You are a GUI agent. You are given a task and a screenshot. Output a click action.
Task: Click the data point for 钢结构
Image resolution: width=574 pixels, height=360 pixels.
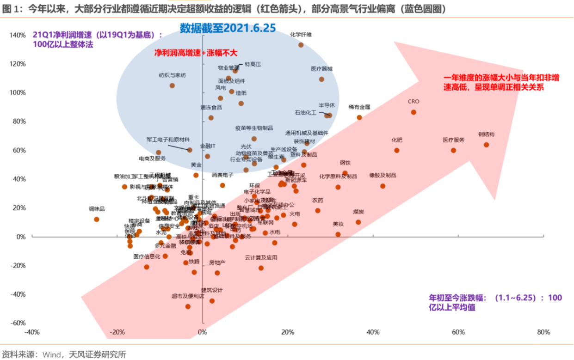(x=486, y=145)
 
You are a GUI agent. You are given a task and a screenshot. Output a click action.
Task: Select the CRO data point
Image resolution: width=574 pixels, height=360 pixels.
(x=414, y=112)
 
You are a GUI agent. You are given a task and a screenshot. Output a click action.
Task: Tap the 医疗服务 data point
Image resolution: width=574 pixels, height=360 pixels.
(x=453, y=150)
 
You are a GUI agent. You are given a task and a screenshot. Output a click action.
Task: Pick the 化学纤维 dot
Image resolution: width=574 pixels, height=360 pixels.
(x=301, y=45)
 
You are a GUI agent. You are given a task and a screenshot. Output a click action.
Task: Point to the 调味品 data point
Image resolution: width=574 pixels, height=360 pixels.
(x=97, y=219)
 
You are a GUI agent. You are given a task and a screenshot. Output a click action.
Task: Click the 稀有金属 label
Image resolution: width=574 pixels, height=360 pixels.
(x=359, y=107)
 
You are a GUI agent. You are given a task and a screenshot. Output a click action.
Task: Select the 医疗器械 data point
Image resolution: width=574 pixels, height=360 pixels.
(x=321, y=79)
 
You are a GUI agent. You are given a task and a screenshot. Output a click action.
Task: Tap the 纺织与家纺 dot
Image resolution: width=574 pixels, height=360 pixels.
(x=172, y=85)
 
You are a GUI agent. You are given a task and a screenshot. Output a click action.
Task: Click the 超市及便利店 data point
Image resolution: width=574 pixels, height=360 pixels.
(x=188, y=306)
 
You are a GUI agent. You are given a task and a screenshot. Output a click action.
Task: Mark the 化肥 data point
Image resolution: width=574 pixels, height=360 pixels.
(x=397, y=150)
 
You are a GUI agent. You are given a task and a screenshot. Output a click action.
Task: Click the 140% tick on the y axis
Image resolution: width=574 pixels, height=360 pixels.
(x=18, y=35)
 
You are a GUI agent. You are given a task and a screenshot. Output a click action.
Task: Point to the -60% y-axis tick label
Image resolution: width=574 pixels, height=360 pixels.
(x=18, y=323)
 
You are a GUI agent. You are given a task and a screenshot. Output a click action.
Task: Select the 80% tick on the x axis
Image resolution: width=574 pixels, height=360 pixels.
(x=543, y=332)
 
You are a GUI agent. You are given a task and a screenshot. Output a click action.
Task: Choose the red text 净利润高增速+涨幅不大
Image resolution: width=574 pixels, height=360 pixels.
(x=196, y=53)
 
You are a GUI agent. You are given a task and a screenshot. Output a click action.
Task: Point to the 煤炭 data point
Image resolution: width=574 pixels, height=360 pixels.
(x=358, y=222)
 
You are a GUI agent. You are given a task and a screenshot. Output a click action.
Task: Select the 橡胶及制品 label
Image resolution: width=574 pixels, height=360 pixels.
(x=383, y=176)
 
